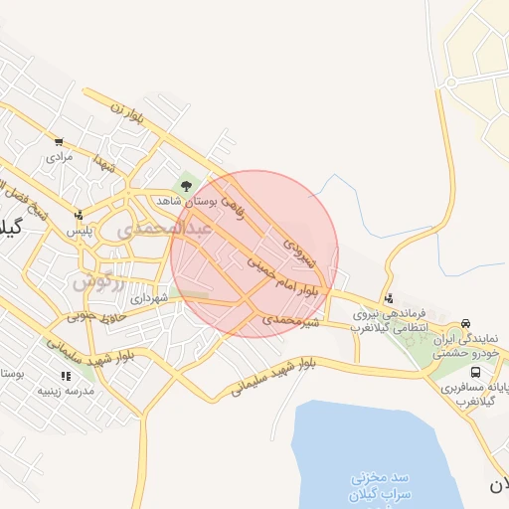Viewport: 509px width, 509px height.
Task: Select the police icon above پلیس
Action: click(x=79, y=214)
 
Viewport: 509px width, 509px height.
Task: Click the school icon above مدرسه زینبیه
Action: click(x=66, y=376)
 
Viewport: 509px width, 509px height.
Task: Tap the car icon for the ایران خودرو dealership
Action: click(x=466, y=324)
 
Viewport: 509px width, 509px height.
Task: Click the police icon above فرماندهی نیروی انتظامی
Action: click(x=388, y=297)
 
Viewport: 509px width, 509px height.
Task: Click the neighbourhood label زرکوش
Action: click(x=98, y=281)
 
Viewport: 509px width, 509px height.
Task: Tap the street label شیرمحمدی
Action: click(x=292, y=321)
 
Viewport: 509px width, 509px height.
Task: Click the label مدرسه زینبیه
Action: click(x=65, y=391)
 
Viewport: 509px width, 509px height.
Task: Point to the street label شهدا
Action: click(x=105, y=163)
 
